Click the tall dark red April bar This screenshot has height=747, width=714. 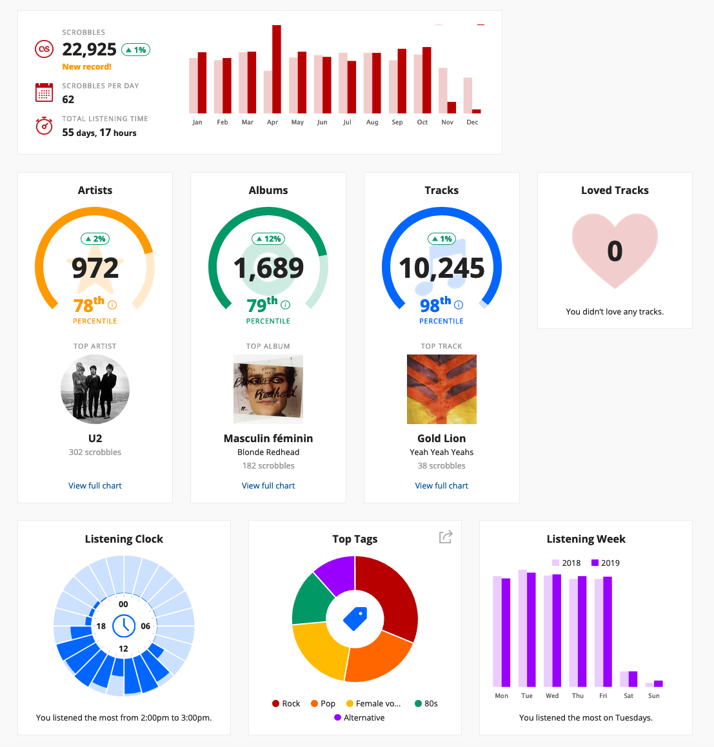276,69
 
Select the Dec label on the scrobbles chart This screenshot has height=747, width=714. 472,122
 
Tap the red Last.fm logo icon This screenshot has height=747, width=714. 44,49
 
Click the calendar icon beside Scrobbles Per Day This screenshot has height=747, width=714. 44,92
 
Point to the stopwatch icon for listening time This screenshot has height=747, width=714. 44,126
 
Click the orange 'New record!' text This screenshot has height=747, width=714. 86,67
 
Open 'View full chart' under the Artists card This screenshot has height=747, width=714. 95,486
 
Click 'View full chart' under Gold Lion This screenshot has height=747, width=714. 441,486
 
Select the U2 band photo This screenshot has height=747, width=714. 95,389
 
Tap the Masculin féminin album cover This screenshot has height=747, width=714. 268,389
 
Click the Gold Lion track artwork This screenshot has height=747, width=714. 441,389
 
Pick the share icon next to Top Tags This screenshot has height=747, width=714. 446,537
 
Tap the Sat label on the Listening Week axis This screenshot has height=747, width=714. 628,696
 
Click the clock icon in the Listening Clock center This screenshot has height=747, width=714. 123,625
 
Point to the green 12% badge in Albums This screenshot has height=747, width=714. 268,239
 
